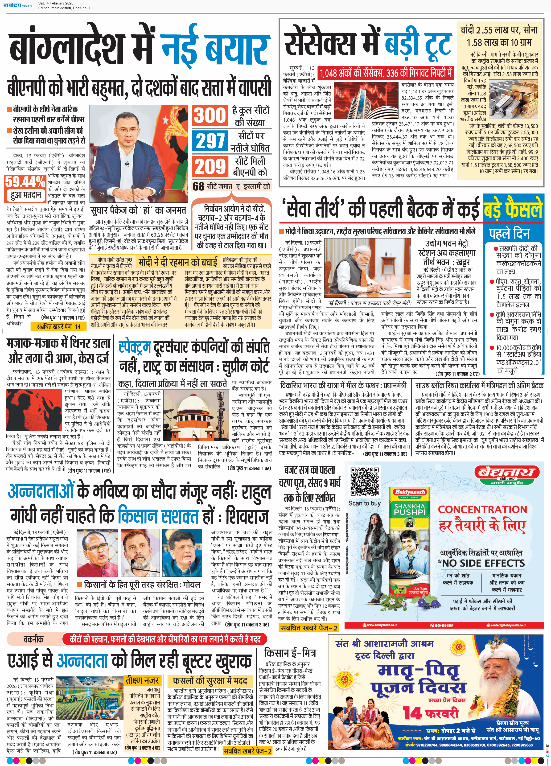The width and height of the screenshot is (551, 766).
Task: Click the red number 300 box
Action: click(x=210, y=115)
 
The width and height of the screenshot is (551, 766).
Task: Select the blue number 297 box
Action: click(x=210, y=140)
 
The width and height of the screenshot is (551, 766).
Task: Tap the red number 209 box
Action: click(x=210, y=166)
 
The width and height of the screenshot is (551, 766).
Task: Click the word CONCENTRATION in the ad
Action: click(x=482, y=509)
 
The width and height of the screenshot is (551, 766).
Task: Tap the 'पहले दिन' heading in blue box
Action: click(x=509, y=233)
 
